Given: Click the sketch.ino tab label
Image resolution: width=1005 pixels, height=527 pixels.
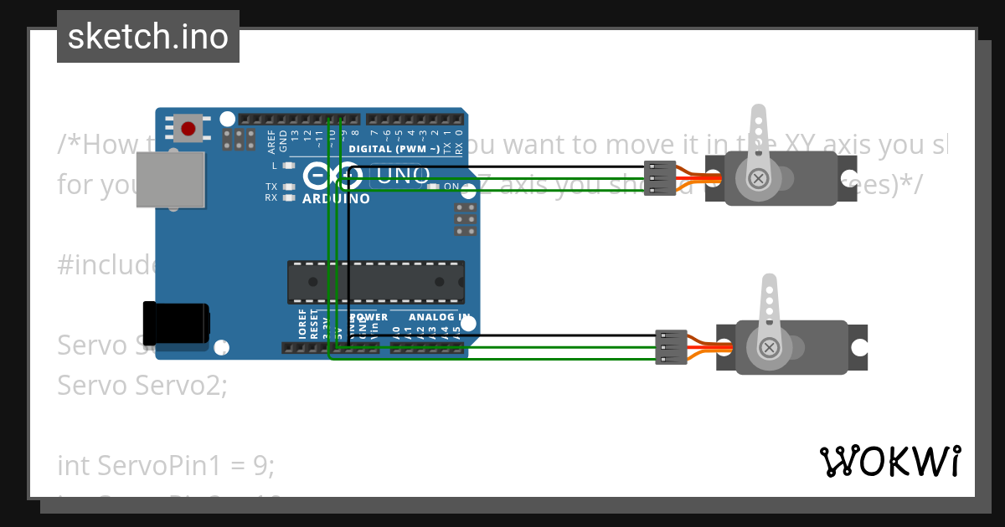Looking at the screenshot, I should pos(148,37).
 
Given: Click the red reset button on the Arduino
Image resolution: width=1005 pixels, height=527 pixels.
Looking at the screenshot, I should pos(188,129).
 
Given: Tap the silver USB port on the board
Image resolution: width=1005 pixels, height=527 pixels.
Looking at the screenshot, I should pos(171,179).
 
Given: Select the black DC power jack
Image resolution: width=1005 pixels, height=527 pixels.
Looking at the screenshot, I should pos(175,324).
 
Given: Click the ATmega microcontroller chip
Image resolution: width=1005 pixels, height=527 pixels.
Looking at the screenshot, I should pos(376,282).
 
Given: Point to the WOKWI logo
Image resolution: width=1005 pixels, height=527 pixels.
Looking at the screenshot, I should pos(889,461).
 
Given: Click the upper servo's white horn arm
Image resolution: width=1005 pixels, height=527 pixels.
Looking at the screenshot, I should pos(759,138).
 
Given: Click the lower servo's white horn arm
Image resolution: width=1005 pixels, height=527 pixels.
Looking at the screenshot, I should pos(770,310).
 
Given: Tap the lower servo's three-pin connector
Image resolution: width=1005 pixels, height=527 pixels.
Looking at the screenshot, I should pos(670,347).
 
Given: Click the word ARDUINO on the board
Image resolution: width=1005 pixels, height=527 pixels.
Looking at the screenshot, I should pos(335,199).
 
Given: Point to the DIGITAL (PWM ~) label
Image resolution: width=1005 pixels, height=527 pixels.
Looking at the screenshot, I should pos(394,149).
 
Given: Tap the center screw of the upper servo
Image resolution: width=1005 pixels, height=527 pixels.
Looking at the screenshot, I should pos(759,178).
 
